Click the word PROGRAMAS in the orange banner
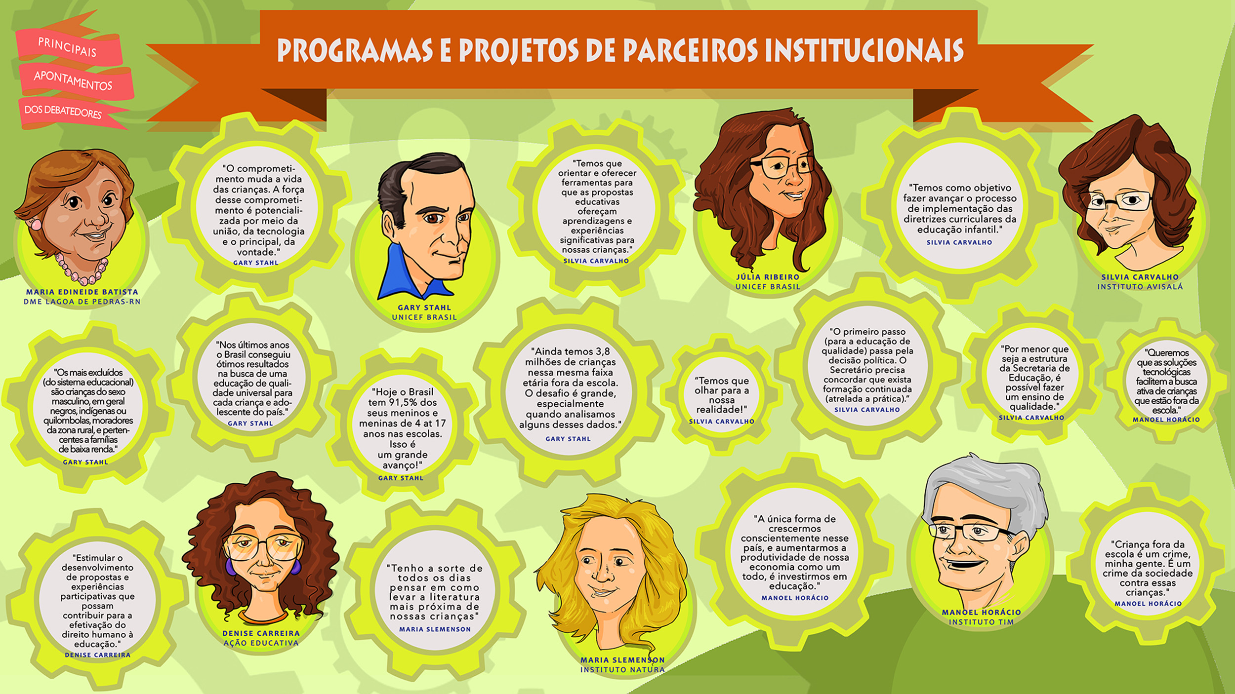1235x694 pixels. click(x=355, y=50)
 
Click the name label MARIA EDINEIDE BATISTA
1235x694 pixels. click(x=82, y=292)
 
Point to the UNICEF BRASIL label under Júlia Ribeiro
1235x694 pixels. click(x=768, y=287)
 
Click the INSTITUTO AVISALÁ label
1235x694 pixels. click(x=1140, y=287)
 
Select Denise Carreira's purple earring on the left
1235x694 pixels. click(x=230, y=567)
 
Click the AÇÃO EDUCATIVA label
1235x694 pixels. click(x=261, y=643)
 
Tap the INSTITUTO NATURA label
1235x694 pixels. click(x=622, y=670)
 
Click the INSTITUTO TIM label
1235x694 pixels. click(x=981, y=622)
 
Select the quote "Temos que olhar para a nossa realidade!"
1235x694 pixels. click(x=722, y=395)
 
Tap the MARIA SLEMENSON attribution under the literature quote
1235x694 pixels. click(x=435, y=629)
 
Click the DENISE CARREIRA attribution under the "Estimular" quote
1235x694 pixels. click(x=98, y=655)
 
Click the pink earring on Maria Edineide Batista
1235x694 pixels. click(x=36, y=224)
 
